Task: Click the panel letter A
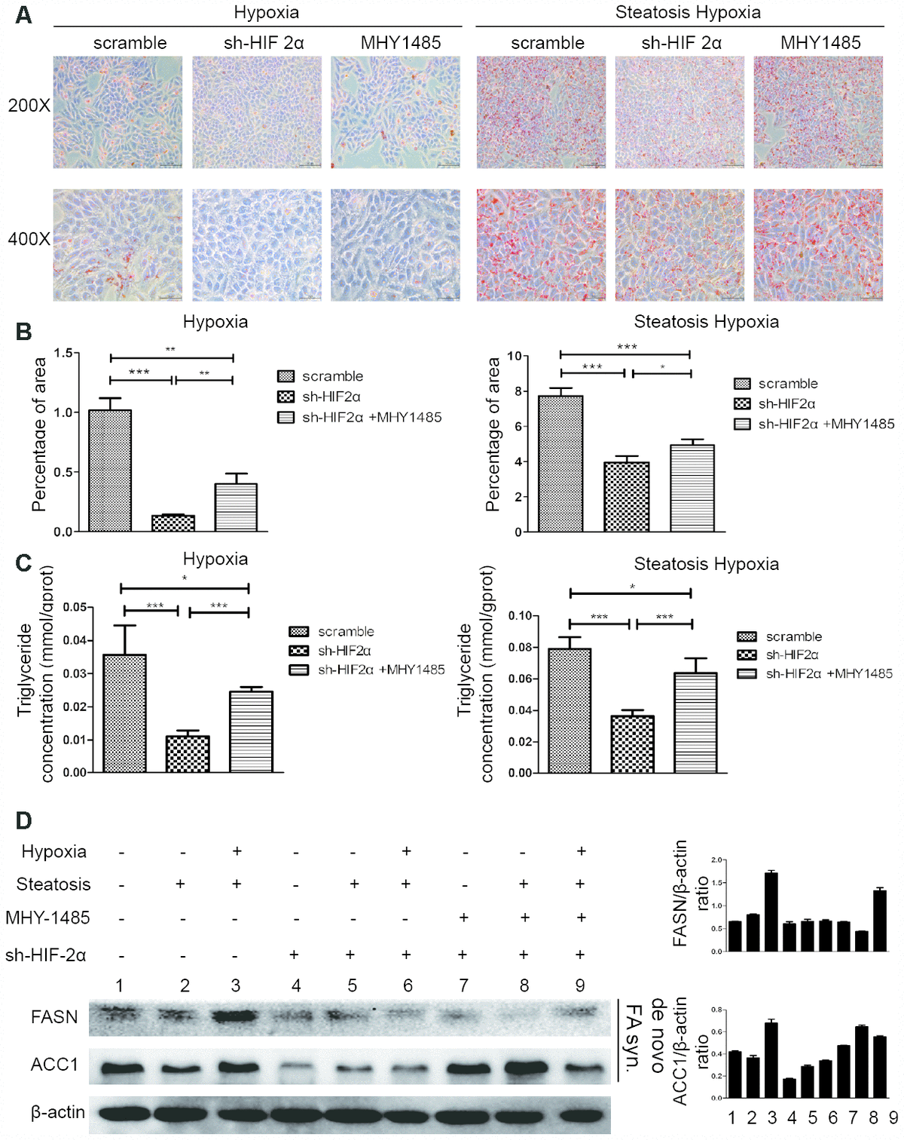coord(23,15)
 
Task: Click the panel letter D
coord(23,820)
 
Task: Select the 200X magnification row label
coord(29,106)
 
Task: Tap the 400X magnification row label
coord(29,239)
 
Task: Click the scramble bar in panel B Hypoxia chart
coord(110,470)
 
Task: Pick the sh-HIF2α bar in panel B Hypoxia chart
coord(173,523)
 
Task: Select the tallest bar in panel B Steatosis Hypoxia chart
coord(561,464)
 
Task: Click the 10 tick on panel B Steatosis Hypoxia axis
coord(515,357)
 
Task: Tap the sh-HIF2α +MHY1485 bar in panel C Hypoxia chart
coord(251,731)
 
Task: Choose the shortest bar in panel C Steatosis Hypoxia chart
coord(633,744)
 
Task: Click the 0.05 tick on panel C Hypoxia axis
coord(74,608)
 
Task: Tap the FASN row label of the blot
coord(54,1017)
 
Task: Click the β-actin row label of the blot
coord(57,1112)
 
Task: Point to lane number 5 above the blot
coord(352,985)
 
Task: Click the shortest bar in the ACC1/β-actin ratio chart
coord(789,1088)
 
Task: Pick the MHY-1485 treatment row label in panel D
coord(47,918)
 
